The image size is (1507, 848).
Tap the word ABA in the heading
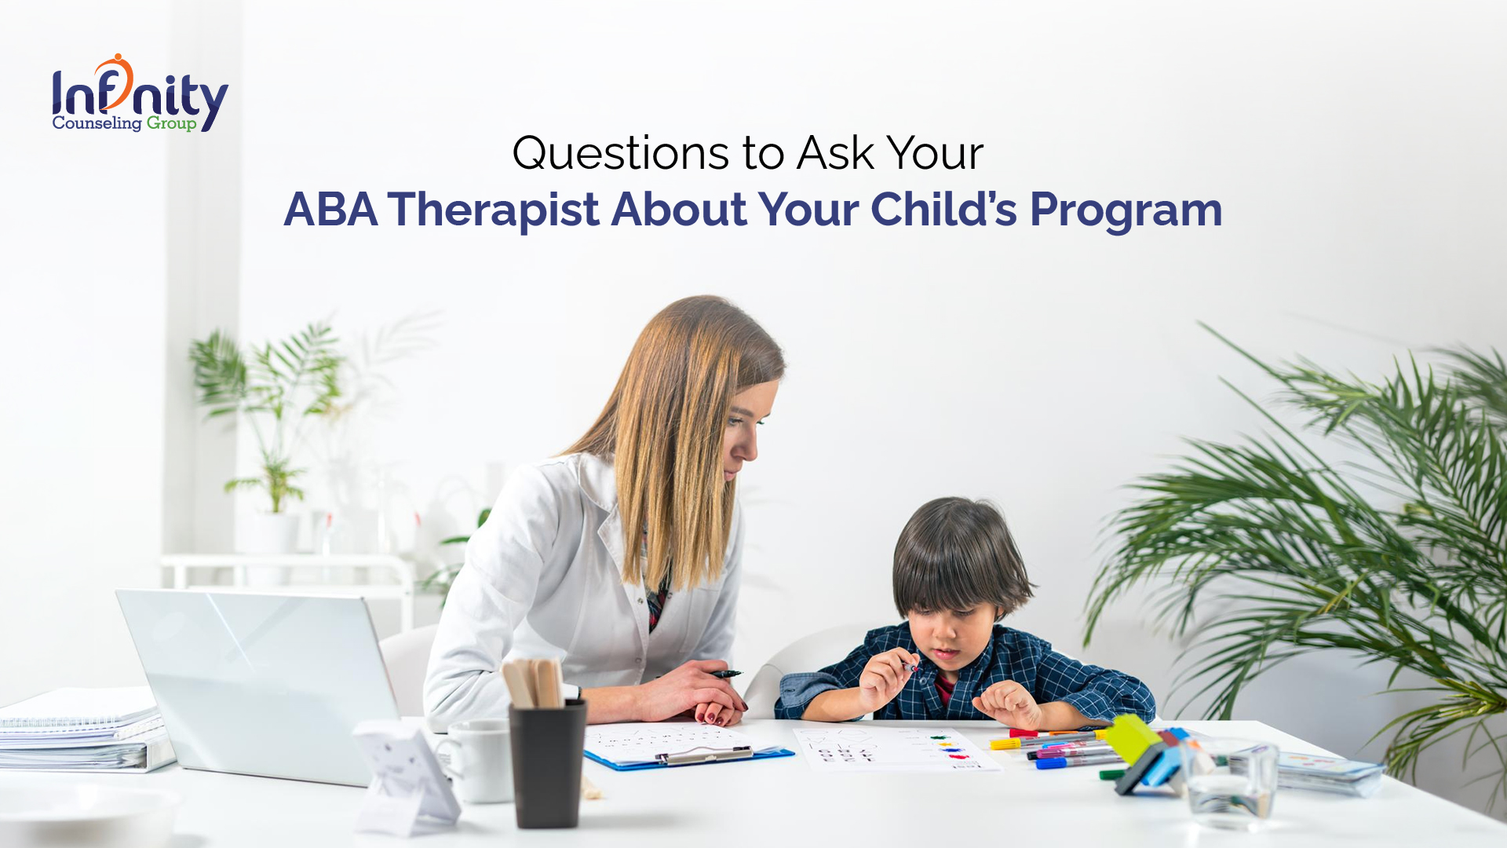pos(330,210)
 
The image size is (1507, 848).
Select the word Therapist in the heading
pos(494,210)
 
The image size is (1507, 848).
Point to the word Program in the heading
pos(1126,211)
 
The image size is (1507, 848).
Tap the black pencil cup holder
pos(547,763)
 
